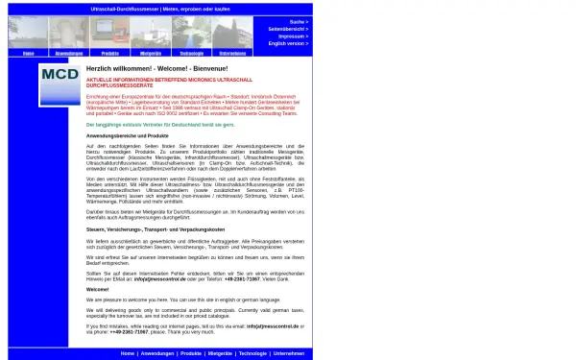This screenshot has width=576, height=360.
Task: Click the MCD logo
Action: (60, 84)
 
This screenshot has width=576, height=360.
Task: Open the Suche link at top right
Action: (298, 21)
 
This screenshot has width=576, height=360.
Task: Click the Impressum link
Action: (293, 36)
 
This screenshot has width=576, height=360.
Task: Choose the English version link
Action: (288, 44)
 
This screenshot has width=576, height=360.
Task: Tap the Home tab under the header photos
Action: (28, 54)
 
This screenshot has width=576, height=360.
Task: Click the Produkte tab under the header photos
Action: (109, 54)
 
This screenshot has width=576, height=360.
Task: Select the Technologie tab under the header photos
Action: (191, 54)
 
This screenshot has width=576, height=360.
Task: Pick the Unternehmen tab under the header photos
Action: (232, 54)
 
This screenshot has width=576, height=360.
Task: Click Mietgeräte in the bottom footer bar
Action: (220, 353)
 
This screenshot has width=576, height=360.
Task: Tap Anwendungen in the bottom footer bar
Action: (156, 353)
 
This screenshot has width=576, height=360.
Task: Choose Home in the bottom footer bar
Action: (128, 353)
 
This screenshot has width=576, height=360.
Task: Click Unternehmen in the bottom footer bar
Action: (288, 353)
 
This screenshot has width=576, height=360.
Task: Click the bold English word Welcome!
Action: (98, 289)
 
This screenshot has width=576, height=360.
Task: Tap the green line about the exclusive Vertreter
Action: (160, 125)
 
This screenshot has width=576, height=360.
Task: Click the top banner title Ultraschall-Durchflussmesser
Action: (159, 7)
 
